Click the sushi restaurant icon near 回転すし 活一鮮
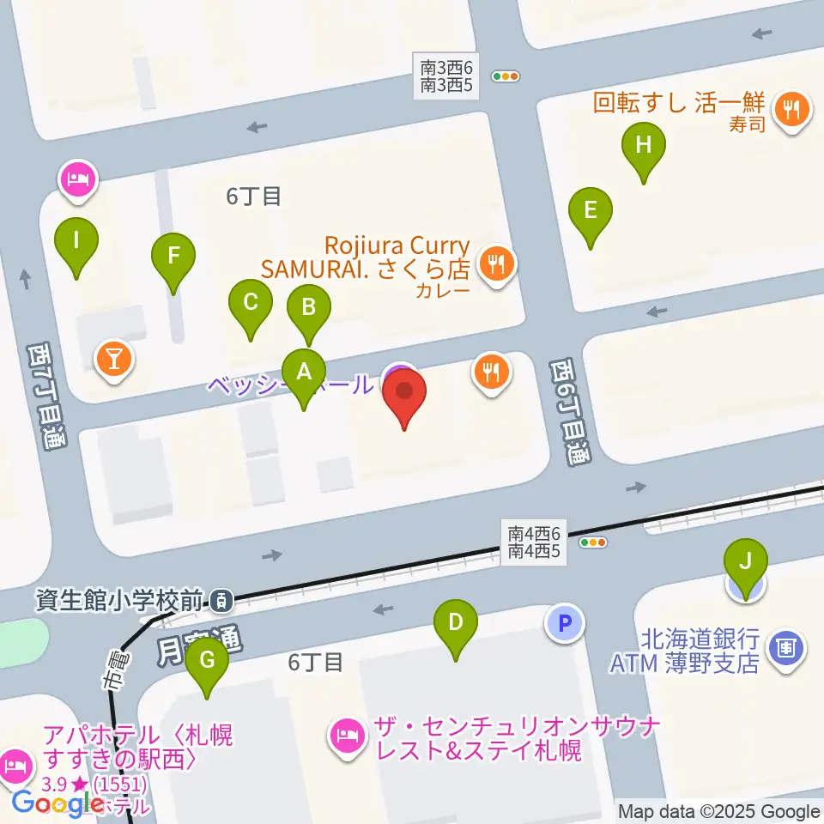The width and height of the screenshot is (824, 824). tap(791, 109)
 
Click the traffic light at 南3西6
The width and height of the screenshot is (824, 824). tap(506, 76)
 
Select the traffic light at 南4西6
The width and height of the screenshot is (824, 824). tap(593, 542)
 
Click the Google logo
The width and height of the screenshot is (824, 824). tap(58, 803)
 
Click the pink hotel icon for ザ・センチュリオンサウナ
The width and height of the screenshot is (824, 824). tap(348, 735)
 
